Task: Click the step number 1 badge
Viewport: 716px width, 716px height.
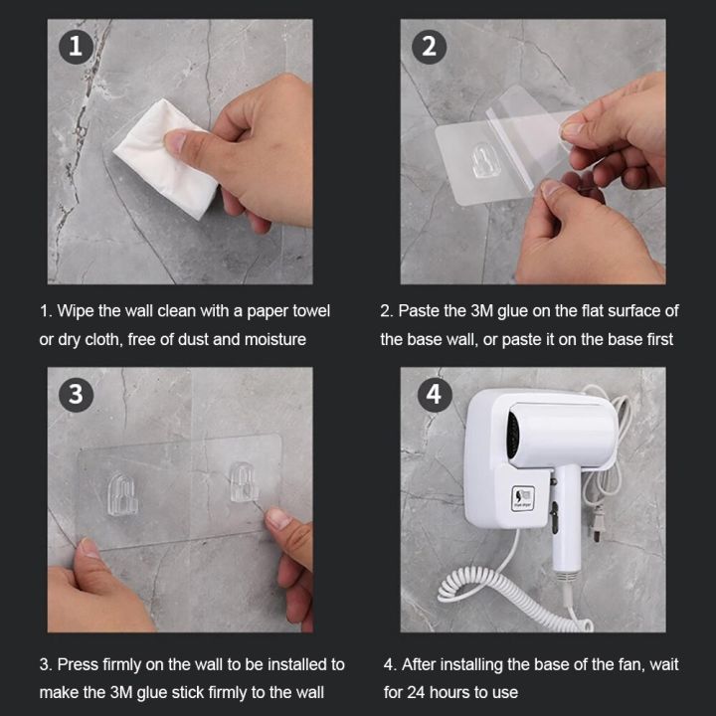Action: (75, 46)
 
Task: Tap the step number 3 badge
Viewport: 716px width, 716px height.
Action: (75, 394)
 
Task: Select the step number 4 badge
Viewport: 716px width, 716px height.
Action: (433, 394)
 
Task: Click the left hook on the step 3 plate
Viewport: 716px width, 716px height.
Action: (121, 494)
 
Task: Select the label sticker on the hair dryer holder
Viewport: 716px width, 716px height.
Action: (523, 500)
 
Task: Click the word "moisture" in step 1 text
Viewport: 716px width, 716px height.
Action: (273, 339)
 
